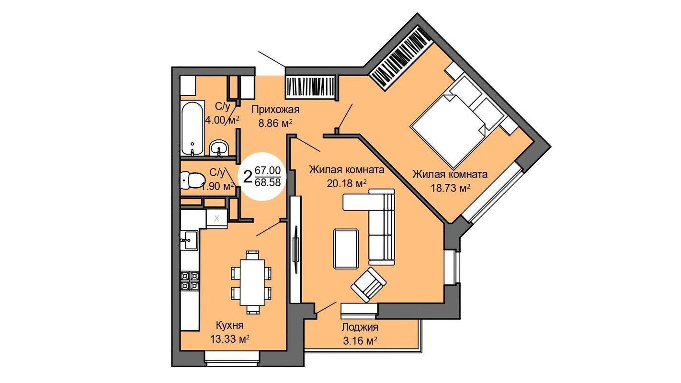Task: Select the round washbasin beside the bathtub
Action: click(x=218, y=148)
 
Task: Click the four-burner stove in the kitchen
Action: click(x=190, y=281)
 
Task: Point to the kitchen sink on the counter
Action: click(x=189, y=240)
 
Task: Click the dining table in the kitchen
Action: click(x=252, y=282)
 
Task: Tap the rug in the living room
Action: click(x=346, y=249)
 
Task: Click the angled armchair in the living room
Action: click(x=368, y=285)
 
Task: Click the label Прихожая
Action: click(x=275, y=110)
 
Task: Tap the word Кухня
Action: click(x=229, y=326)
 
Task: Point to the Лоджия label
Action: click(x=360, y=327)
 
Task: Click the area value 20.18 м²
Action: click(x=347, y=183)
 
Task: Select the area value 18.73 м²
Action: click(x=451, y=188)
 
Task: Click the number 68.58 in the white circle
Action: click(x=268, y=182)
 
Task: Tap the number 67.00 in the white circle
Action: click(x=268, y=170)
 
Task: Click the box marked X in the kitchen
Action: click(x=216, y=218)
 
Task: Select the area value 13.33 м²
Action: click(x=230, y=338)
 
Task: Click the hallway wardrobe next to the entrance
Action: click(x=311, y=87)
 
